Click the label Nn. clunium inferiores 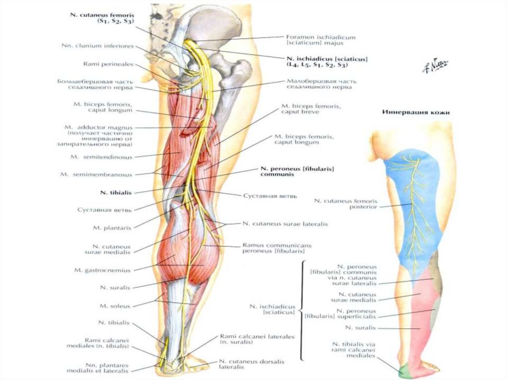point(98,46)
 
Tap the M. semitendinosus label point(101,157)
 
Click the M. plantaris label point(111,227)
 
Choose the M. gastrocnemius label point(102,270)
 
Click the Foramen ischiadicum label point(321,40)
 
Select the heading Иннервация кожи point(416,112)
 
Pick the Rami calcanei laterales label point(256,339)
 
